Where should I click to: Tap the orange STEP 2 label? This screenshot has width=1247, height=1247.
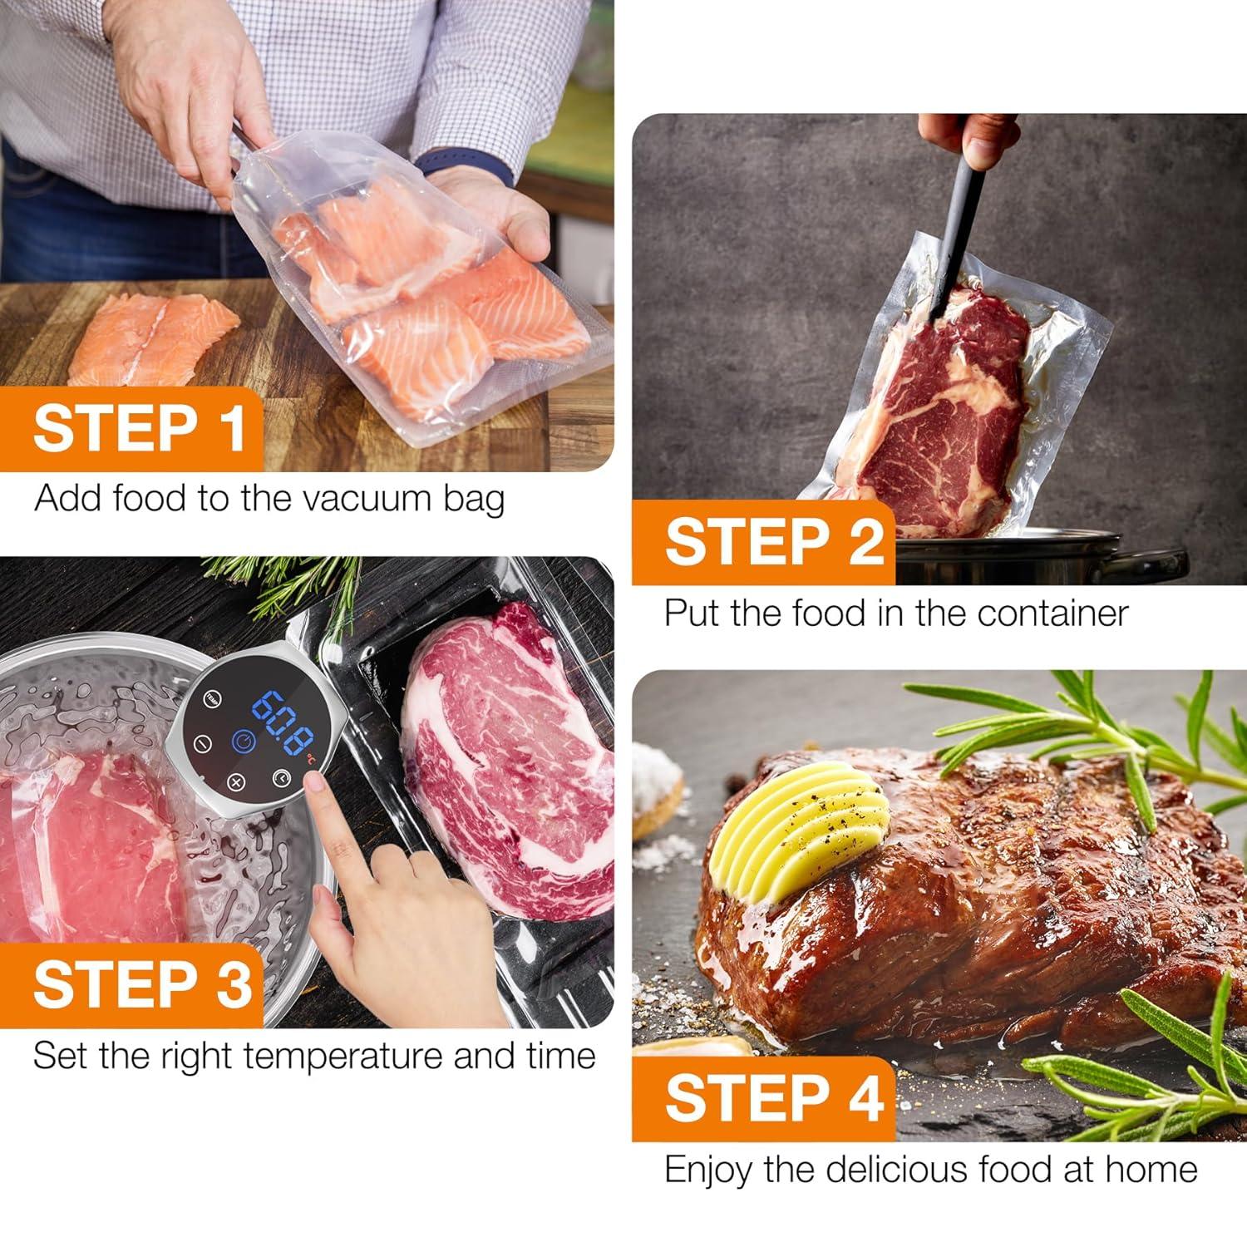pyautogui.click(x=773, y=542)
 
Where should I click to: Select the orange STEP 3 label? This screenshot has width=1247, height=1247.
pyautogui.click(x=141, y=985)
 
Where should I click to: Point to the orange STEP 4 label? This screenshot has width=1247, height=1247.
pyautogui.click(x=773, y=1098)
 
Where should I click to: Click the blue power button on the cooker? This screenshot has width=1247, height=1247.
pyautogui.click(x=242, y=741)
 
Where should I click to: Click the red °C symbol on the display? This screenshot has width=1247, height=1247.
pyautogui.click(x=309, y=757)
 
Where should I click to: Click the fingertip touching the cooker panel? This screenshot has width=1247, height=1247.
pyautogui.click(x=315, y=782)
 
